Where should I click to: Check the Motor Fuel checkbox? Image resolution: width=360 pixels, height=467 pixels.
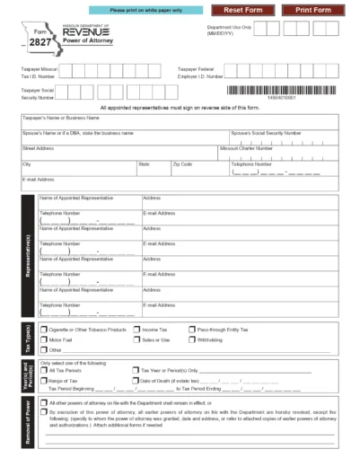45,340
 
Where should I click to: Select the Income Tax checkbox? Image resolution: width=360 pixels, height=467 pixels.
136,330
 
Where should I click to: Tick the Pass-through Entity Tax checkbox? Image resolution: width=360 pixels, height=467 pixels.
190,330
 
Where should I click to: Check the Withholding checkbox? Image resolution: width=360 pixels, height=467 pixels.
190,340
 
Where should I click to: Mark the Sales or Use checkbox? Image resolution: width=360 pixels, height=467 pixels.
136,340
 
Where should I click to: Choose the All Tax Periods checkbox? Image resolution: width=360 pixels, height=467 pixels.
45,370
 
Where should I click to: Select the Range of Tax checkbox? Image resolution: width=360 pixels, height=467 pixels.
45,381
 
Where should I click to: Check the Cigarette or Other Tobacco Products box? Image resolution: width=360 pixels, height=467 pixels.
45,330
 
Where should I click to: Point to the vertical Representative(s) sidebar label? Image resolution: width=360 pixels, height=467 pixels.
29,257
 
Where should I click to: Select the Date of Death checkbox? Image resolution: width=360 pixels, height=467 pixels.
136,381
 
